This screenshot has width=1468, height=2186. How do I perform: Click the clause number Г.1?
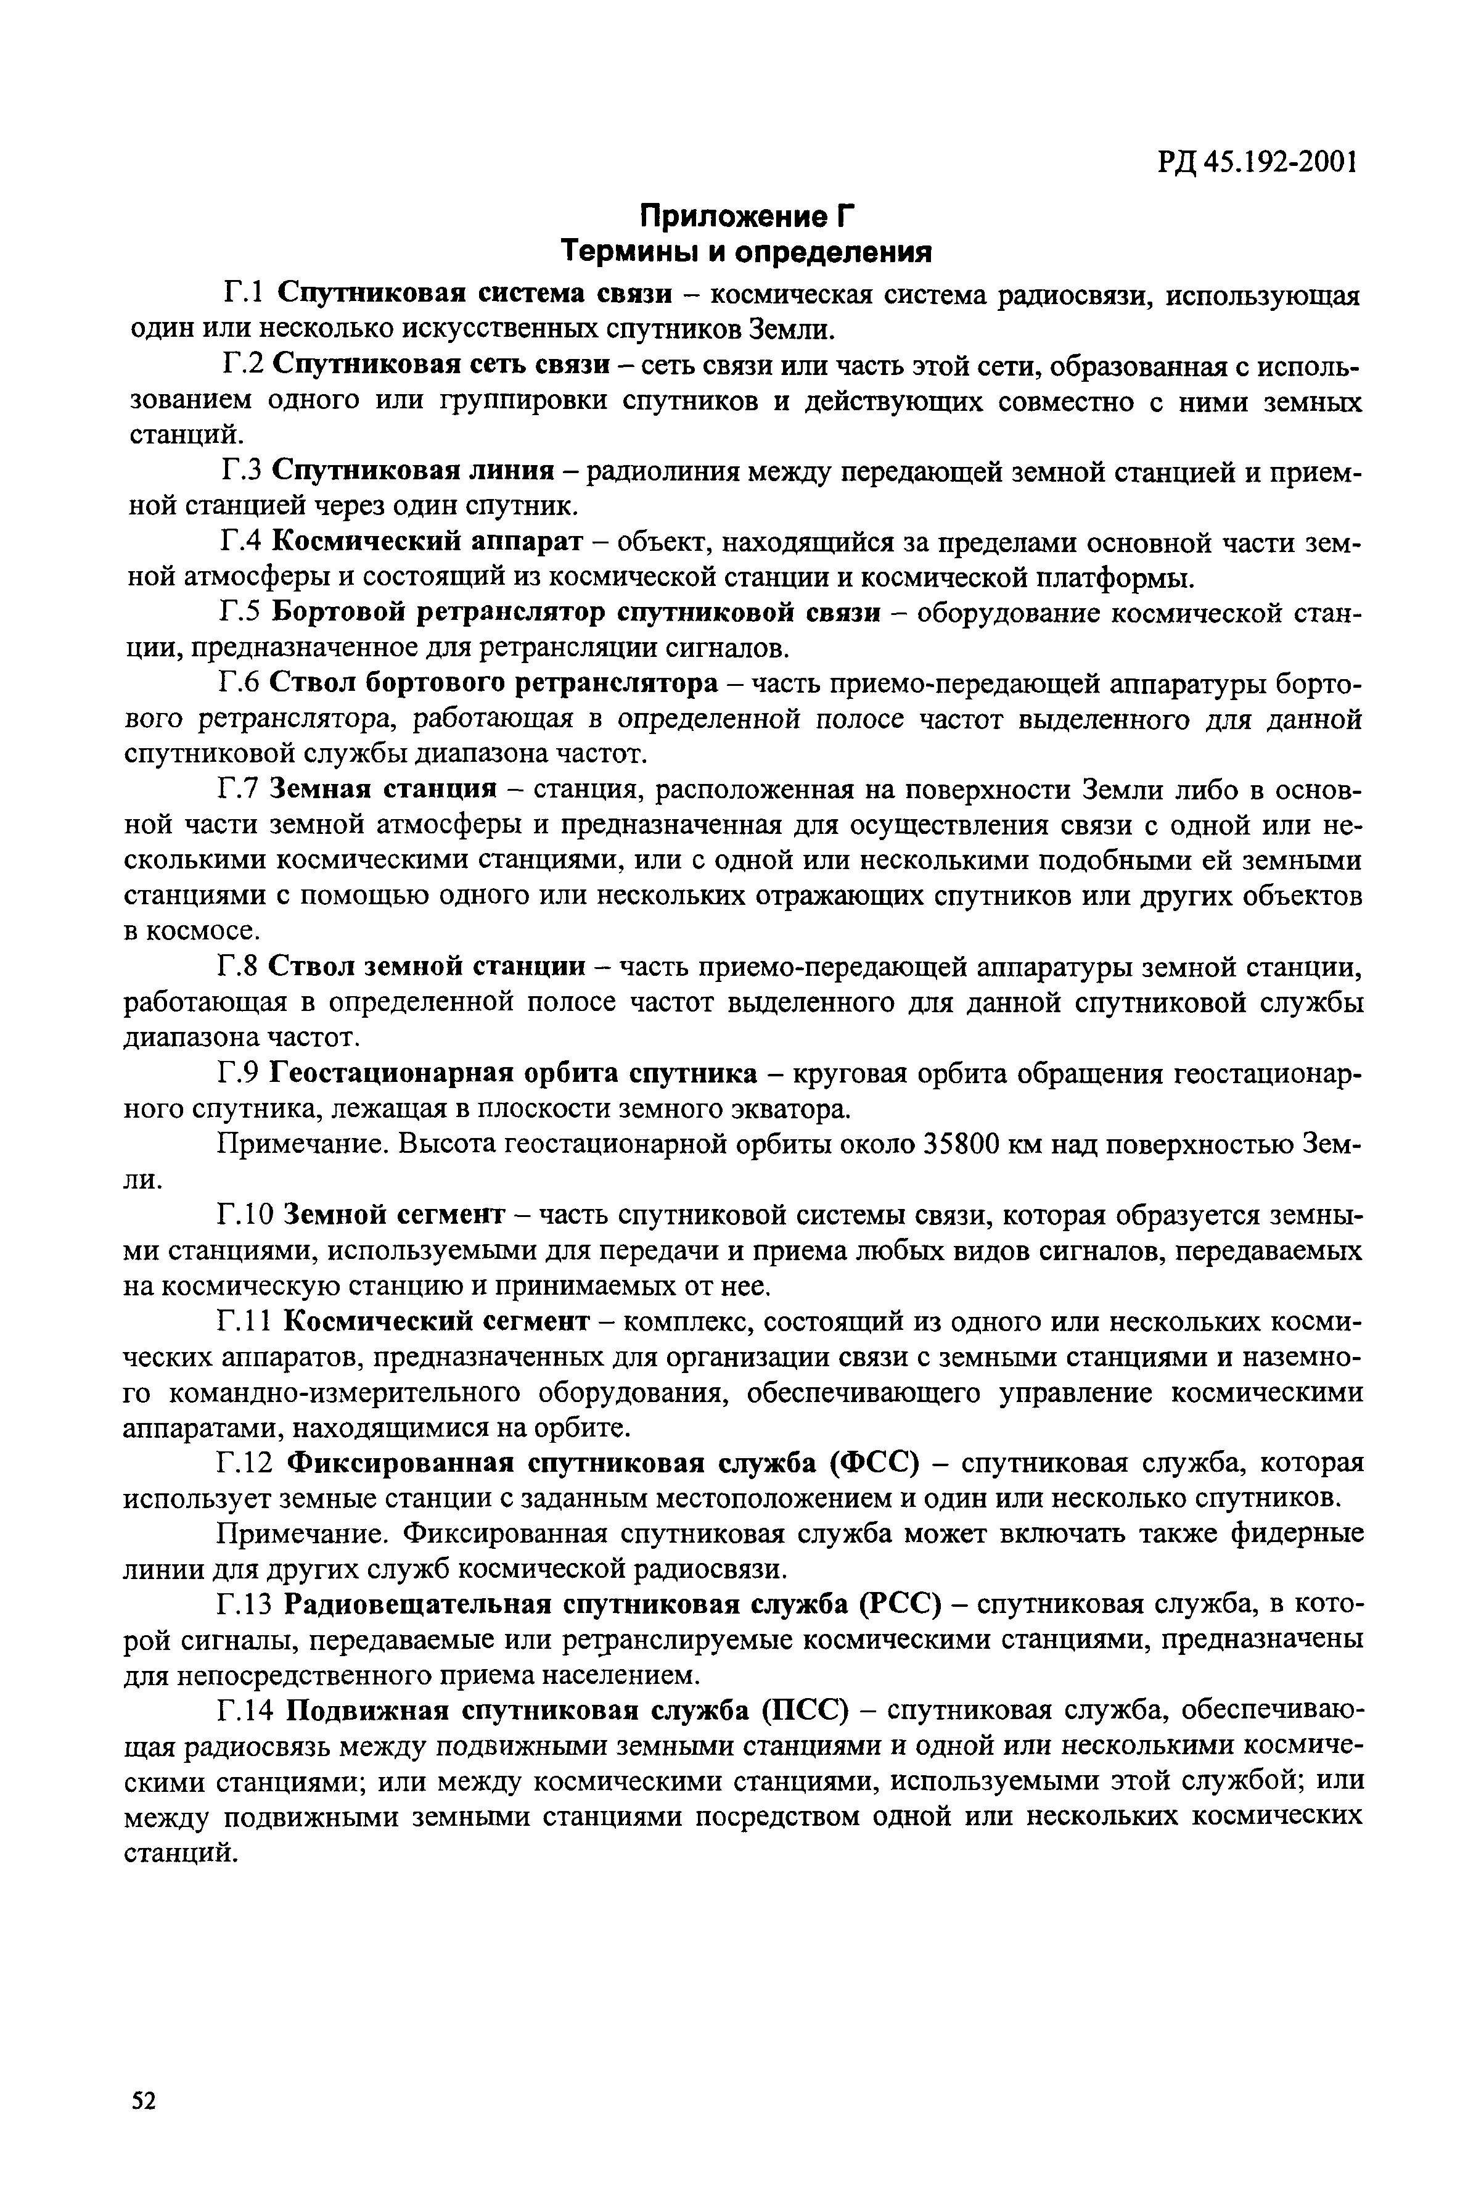[x=244, y=294]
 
